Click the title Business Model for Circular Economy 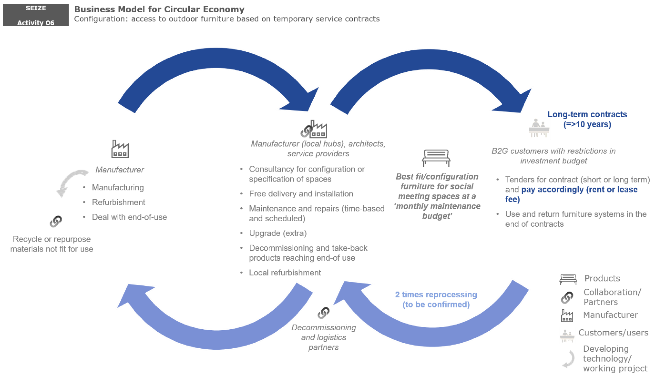point(159,9)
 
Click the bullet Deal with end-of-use point(129,217)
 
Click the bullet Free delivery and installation point(301,194)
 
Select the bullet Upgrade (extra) point(278,233)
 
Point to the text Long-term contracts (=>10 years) point(587,119)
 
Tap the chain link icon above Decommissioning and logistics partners point(323,313)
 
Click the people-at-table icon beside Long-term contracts point(539,128)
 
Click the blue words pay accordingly point(553,189)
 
